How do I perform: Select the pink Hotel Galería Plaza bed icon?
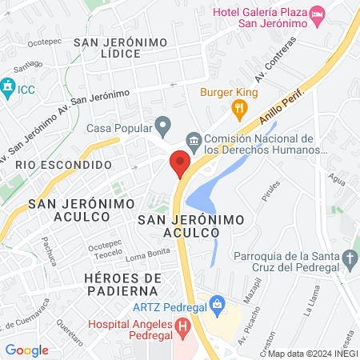318,14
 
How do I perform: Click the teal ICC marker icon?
8,85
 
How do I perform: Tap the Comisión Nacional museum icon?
194,142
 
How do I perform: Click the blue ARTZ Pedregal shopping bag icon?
215,303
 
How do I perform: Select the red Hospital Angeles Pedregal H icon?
183,326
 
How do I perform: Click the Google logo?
26,350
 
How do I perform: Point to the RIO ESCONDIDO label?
62,164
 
